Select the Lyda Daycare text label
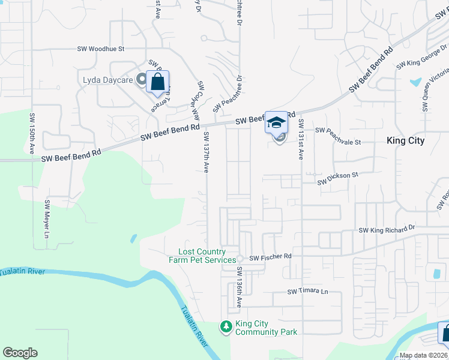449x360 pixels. pos(108,79)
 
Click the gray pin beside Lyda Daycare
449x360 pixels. pos(142,79)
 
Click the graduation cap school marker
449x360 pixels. pos(276,123)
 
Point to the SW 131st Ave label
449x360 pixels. pos(301,140)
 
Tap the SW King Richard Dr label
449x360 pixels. pos(387,229)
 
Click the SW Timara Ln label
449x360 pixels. pos(308,292)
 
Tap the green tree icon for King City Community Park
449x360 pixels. pos(226,327)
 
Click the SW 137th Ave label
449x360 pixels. pos(206,152)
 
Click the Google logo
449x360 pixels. pos(20,353)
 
